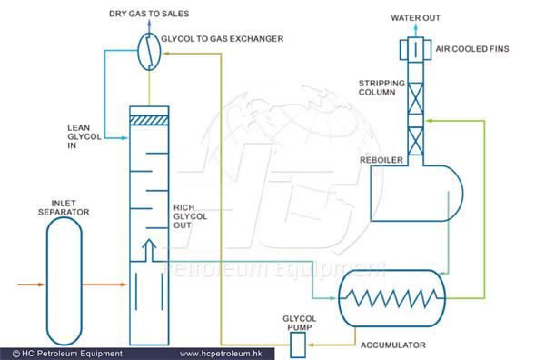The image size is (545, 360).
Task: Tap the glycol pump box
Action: pyautogui.click(x=297, y=344)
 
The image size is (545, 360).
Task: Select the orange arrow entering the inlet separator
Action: pyautogui.click(x=27, y=285)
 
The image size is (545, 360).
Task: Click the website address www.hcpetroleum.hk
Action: pyautogui.click(x=231, y=353)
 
